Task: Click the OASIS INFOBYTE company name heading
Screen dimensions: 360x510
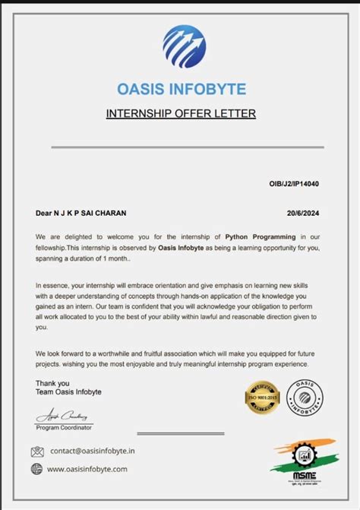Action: pyautogui.click(x=182, y=89)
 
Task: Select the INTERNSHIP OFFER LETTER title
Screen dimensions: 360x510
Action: pyautogui.click(x=181, y=114)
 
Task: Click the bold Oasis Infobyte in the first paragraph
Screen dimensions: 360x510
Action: pyautogui.click(x=162, y=249)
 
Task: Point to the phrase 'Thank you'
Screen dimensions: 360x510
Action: pyautogui.click(x=52, y=383)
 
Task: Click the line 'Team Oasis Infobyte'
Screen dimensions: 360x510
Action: pyautogui.click(x=68, y=392)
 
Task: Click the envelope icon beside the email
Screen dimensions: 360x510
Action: pyautogui.click(x=37, y=451)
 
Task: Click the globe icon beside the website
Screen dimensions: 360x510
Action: pyautogui.click(x=37, y=469)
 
